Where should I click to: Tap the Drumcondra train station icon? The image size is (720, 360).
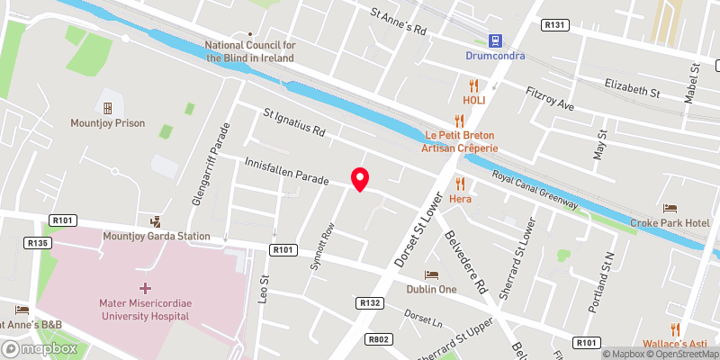494,40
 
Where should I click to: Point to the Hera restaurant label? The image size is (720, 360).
460,198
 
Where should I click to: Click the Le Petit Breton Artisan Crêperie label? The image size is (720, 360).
460,141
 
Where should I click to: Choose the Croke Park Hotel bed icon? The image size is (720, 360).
670,209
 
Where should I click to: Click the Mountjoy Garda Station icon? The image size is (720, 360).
157,220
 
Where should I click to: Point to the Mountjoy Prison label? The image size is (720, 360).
107,122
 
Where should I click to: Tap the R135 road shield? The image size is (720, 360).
37,243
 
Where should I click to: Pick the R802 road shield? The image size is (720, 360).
379,339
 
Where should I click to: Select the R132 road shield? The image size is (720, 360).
370,303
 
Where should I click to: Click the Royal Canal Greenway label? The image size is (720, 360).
535,191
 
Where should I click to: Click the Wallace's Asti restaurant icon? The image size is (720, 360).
673,328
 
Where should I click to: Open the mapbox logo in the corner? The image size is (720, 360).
40,348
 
